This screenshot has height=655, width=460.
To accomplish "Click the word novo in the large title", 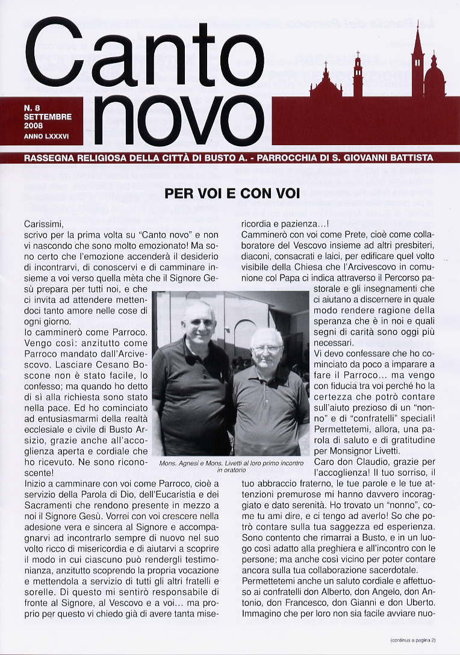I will coord(179,119).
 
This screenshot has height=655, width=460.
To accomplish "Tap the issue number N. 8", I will coord(32,108).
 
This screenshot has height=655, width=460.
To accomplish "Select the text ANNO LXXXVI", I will coord(46,137).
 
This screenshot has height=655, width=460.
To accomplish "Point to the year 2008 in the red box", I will coord(34,126).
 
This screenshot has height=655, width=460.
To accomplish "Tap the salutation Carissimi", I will coord(43,225).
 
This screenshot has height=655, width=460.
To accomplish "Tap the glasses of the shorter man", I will coord(267,349).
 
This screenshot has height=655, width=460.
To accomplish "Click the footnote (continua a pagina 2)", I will coord(412,639).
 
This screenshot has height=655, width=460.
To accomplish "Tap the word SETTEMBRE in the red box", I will coord(48,117).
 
